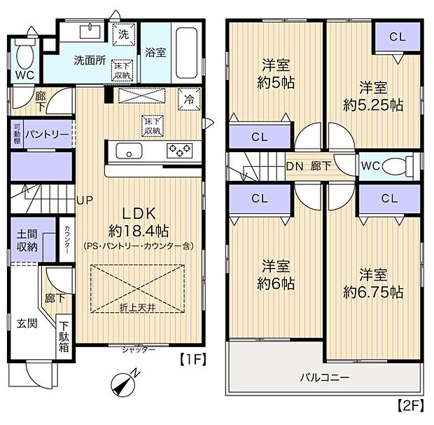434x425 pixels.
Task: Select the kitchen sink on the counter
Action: pos(128,151)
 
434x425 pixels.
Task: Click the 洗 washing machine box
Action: pos(123,34)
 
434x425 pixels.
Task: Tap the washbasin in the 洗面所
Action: pos(90,30)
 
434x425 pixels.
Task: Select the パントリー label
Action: pos(46,133)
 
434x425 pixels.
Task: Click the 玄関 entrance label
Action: pos(27,324)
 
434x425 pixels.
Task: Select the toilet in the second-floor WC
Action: pos(402,166)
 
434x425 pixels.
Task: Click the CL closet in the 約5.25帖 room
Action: pos(396,37)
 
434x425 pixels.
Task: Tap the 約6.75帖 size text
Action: pos(372,292)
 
